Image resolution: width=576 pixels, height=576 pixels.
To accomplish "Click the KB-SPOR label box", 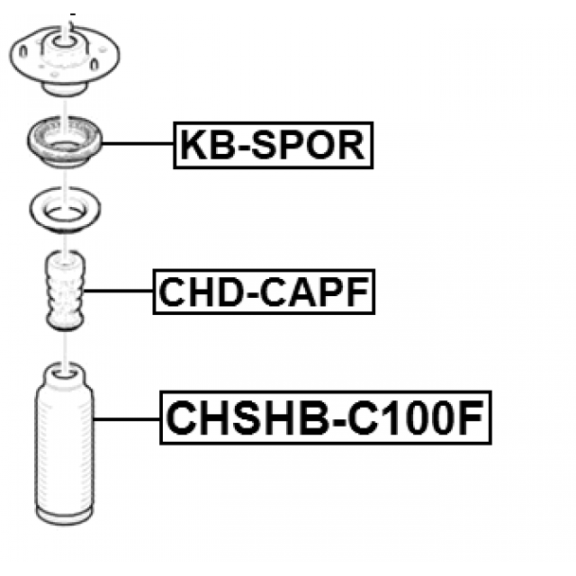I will [x=273, y=144].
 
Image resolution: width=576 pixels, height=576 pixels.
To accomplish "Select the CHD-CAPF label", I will [x=264, y=292].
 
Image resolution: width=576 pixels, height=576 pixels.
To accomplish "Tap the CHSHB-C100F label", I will [x=327, y=417].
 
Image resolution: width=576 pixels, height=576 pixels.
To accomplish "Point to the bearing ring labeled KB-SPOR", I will [x=64, y=142].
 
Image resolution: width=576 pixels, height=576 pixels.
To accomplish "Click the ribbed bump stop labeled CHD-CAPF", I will [x=64, y=292].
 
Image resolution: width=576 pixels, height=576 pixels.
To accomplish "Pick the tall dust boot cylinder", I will [x=64, y=450].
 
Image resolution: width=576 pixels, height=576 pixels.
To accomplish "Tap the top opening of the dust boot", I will [x=64, y=370].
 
